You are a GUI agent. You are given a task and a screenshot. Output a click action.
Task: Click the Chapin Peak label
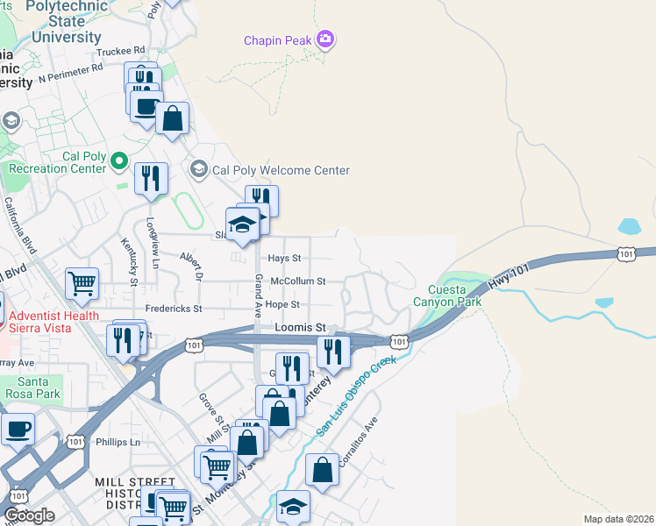pos(278,40)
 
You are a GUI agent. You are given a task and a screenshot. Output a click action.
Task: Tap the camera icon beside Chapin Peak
pos(326,39)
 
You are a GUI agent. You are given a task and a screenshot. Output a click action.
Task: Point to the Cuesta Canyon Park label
pos(455,295)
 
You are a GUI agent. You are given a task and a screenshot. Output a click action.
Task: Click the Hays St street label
pos(284,259)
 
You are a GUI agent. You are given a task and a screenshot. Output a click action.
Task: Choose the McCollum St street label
pos(298,281)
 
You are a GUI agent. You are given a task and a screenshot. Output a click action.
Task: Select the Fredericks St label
pos(174,309)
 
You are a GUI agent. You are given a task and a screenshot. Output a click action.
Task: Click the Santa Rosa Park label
pos(38,387)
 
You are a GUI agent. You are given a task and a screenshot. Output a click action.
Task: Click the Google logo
pos(29,515)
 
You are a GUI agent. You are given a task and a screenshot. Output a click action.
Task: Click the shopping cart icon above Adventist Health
pos(82,283)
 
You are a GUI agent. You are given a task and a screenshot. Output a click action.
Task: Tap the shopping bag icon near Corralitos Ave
pos(323,469)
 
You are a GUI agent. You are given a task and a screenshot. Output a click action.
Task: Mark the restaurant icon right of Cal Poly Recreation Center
pos(152,178)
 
